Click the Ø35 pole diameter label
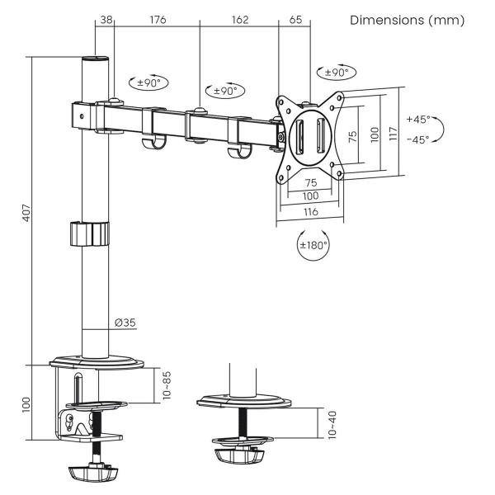(x=125, y=323)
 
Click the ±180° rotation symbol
(x=313, y=244)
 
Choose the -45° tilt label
(x=417, y=139)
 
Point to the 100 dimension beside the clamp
(x=26, y=404)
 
